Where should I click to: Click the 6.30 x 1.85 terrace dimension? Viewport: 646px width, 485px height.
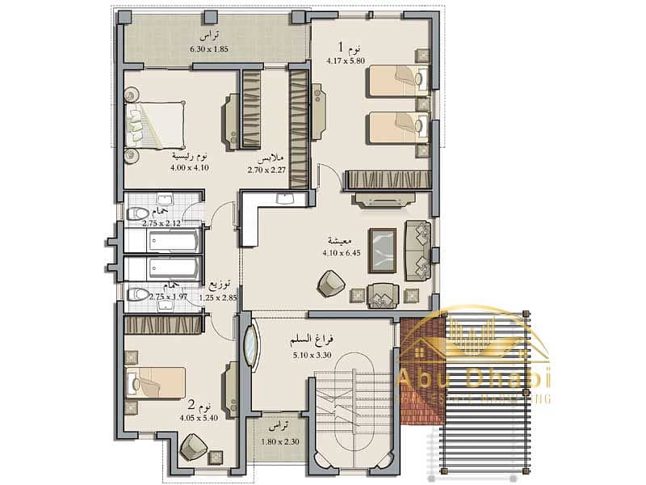[209, 49]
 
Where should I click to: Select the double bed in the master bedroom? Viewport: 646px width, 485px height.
[157, 125]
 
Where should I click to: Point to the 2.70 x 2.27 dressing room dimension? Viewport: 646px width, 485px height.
[267, 170]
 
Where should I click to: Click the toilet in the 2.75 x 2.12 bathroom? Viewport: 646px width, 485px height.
[138, 213]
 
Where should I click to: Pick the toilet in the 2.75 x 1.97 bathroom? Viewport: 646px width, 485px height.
[138, 294]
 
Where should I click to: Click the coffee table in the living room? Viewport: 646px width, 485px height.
[382, 249]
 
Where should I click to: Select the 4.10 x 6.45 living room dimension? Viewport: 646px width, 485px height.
[333, 251]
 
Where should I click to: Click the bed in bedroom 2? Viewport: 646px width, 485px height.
[157, 382]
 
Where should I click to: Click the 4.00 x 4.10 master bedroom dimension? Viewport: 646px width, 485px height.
[190, 167]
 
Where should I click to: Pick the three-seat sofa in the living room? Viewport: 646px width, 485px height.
[418, 250]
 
